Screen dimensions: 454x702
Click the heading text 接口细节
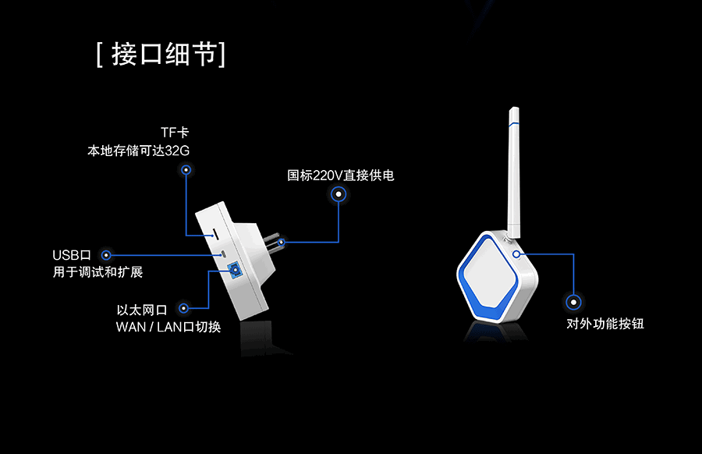161,55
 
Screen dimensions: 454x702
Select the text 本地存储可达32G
138,150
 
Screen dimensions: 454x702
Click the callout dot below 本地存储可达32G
186,169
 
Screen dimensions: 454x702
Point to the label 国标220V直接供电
341,176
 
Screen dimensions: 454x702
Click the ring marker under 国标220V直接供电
338,195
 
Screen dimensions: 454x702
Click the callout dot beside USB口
107,255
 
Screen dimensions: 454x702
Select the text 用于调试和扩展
97,272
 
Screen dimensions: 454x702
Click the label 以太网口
141,310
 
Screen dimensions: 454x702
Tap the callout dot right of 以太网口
184,309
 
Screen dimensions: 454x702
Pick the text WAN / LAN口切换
168,327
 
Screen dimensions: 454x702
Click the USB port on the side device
222,254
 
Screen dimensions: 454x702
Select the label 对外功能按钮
605,324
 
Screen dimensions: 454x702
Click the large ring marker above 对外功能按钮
575,302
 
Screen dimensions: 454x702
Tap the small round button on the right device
516,253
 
